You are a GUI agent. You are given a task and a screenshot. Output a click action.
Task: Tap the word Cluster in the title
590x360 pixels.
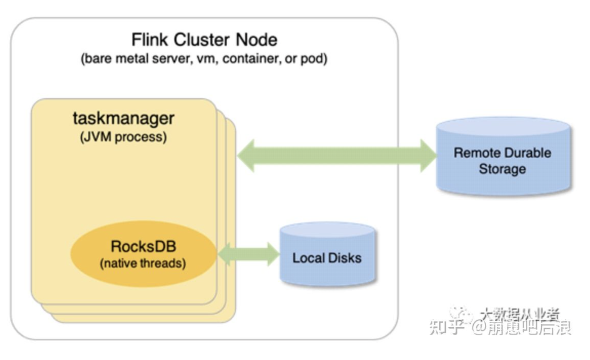[199, 40]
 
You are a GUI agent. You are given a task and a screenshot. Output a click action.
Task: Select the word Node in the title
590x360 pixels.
[256, 40]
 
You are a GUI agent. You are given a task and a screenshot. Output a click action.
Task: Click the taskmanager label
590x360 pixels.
[123, 118]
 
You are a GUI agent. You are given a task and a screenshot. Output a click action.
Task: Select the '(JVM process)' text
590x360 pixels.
[123, 137]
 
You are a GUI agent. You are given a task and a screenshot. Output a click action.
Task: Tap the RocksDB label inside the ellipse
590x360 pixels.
[143, 246]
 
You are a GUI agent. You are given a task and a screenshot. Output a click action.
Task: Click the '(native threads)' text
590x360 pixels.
[143, 263]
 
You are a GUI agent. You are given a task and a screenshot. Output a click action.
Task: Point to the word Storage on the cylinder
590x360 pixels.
[502, 169]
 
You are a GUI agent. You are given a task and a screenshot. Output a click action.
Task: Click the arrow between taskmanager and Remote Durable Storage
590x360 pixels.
[336, 155]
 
